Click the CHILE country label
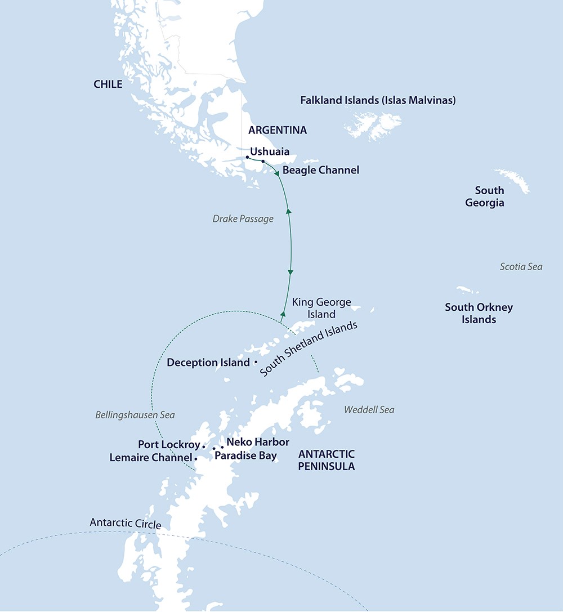coord(108,84)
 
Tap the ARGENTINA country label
coord(278,130)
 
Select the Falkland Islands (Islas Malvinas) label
coord(378,101)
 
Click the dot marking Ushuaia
coord(248,158)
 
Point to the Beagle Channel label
coord(320,169)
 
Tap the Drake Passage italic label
coord(243,218)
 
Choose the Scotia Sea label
coord(521,266)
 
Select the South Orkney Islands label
coord(479,313)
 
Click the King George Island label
coord(321,308)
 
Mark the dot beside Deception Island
coord(256,362)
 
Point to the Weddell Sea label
coord(369,410)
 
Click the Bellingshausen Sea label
coord(135,415)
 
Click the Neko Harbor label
coord(257,442)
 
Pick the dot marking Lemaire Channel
coord(195,459)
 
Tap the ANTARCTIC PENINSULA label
coord(327,460)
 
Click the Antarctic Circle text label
coord(125,524)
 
